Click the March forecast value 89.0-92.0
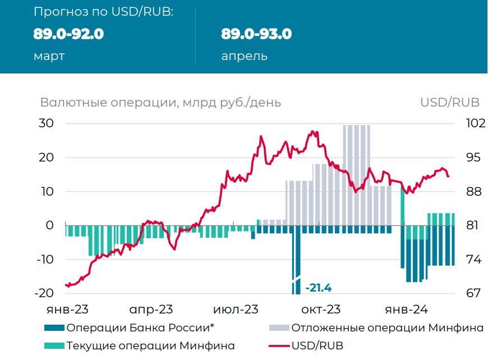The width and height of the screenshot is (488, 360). click(68, 34)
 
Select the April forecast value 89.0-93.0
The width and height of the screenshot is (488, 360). click(256, 34)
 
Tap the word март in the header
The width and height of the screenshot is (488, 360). click(49, 56)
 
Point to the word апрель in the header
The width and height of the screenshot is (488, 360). click(244, 56)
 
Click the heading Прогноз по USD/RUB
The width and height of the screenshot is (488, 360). click(103, 12)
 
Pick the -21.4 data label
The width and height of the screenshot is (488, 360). click(318, 288)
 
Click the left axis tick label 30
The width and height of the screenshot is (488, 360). click(47, 123)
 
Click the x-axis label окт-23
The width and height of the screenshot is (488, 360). click(320, 310)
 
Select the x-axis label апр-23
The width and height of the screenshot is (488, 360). click(151, 310)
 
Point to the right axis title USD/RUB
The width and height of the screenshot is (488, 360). click(450, 103)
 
